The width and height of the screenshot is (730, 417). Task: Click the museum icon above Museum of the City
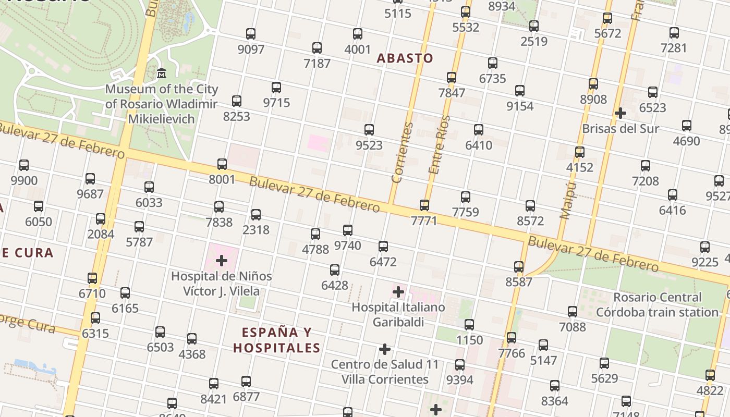click(161, 73)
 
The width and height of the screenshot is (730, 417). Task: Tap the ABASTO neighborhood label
click(405, 58)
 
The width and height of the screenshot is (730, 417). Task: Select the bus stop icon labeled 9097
click(251, 34)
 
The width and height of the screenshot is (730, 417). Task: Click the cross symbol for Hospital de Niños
click(222, 260)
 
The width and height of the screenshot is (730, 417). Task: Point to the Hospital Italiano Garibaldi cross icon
click(398, 291)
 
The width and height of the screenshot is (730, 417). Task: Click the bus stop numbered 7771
click(424, 205)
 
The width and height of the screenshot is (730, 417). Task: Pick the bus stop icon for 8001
click(222, 164)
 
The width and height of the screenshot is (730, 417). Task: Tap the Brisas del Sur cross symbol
click(620, 113)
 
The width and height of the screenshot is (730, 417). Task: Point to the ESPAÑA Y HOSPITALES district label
click(276, 340)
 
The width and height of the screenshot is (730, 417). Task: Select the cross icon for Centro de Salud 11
click(385, 349)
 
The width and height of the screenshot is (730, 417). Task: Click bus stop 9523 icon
click(369, 130)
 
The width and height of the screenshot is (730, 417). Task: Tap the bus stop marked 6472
click(383, 247)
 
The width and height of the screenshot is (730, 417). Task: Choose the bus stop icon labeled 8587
click(519, 267)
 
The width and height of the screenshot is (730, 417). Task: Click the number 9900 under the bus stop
click(24, 181)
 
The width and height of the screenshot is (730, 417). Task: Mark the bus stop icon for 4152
click(580, 152)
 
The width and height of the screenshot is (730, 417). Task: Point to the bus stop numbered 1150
click(469, 325)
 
